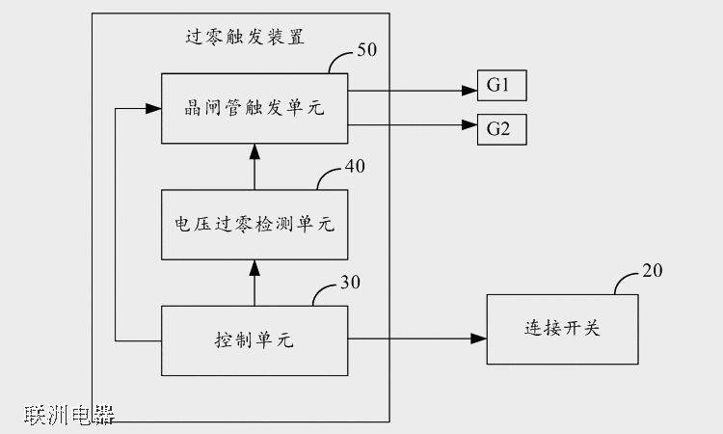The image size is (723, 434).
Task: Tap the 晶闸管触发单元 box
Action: tap(254, 109)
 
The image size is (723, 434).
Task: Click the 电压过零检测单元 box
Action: tap(254, 224)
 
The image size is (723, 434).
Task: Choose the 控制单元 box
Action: tap(254, 339)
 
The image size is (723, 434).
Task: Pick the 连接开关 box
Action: tap(561, 329)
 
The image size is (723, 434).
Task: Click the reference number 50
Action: tap(367, 50)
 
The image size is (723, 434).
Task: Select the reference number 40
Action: tap(355, 166)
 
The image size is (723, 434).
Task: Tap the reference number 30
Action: tap(352, 283)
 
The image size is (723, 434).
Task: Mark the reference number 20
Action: tap(652, 271)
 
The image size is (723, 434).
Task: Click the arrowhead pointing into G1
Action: tap(471, 92)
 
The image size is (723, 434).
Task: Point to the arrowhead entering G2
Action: tap(471, 122)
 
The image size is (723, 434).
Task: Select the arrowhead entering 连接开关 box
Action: tap(479, 339)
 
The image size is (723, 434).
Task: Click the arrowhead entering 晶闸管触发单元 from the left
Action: tap(153, 110)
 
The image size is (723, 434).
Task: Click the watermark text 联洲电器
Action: tap(69, 416)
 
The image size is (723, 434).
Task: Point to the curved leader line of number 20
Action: tap(625, 283)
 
